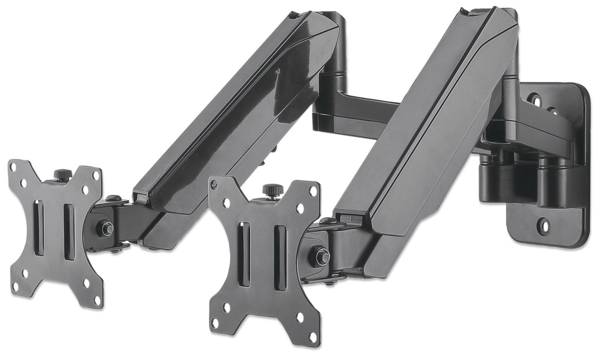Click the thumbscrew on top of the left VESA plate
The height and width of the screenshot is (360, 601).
(63, 174)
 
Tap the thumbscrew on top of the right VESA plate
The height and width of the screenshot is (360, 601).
(272, 190)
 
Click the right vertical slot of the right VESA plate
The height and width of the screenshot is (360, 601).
(280, 258)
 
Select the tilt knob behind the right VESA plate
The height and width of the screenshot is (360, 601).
(320, 257)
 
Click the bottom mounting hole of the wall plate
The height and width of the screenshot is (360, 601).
(543, 224)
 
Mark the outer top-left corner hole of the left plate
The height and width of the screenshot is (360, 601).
(14, 167)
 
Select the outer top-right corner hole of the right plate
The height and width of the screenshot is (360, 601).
(313, 190)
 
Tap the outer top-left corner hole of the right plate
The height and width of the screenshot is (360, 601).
(215, 184)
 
